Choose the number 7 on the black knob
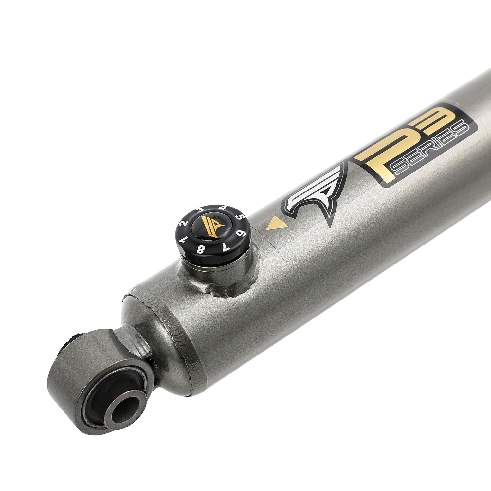[226, 246]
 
